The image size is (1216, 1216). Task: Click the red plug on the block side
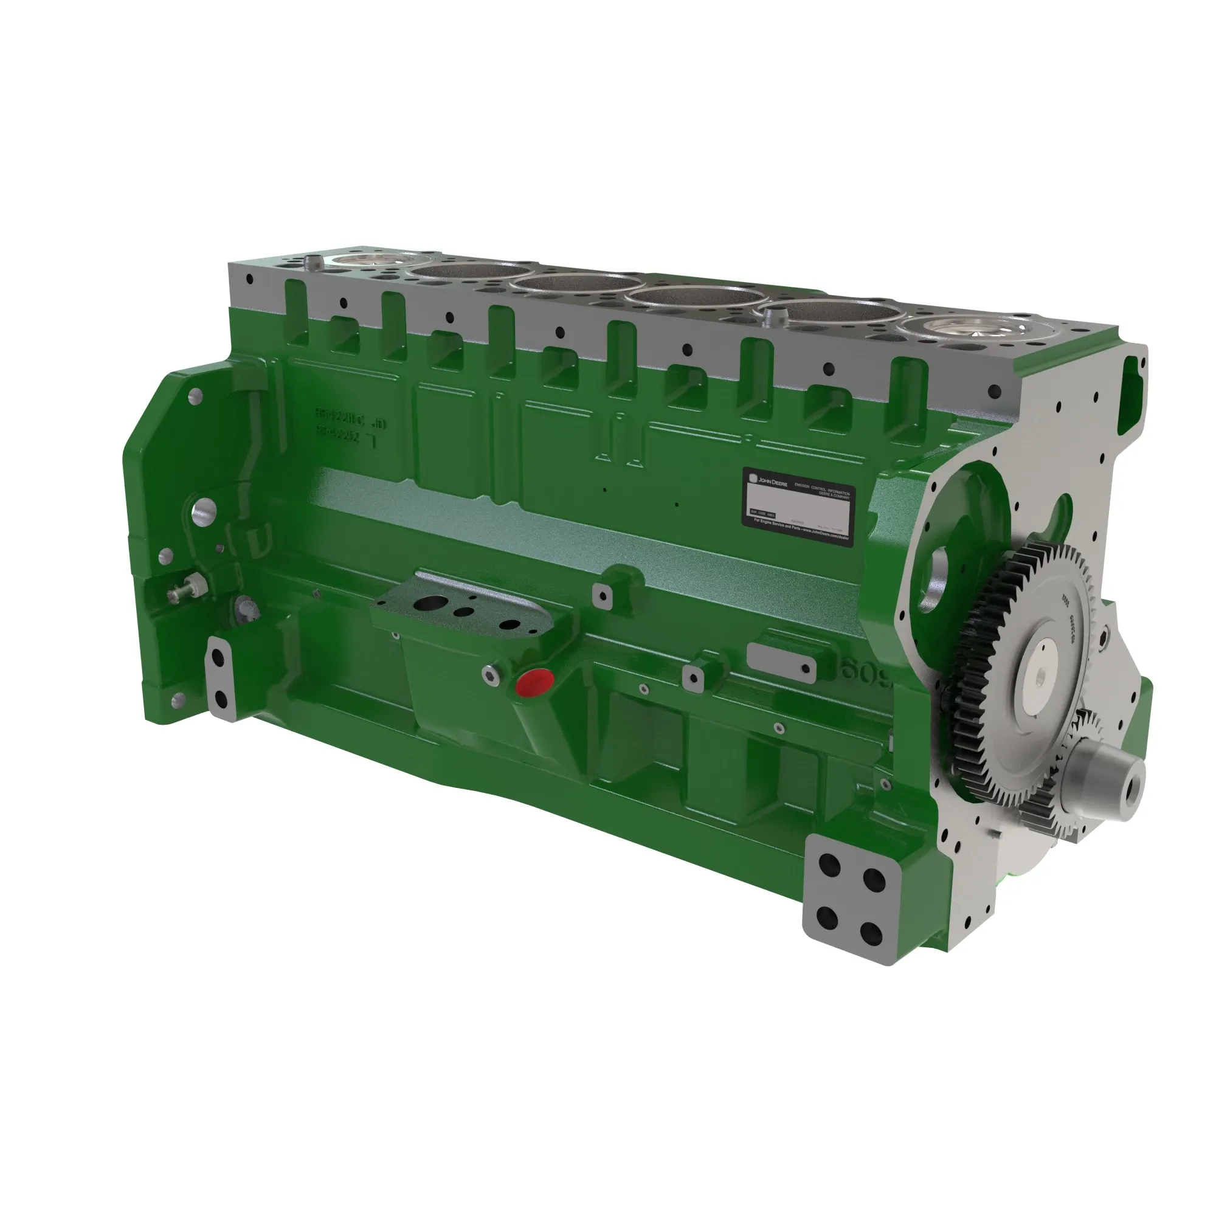click(x=534, y=682)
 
